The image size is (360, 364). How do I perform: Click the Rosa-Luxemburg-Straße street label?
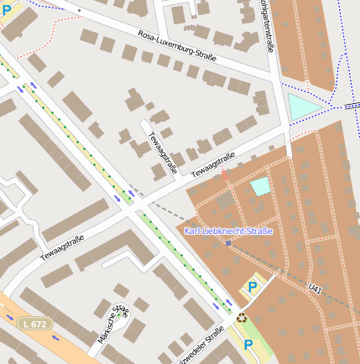coord(177,46)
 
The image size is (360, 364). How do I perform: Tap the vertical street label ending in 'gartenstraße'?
coord(269,27)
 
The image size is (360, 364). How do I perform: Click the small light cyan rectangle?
coord(261,186)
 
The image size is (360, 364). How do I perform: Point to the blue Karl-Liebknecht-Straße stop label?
coord(228,230)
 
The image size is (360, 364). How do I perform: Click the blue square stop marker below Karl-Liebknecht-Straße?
coord(228,243)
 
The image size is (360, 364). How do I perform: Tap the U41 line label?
coord(316,289)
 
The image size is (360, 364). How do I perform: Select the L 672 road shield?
coord(34,323)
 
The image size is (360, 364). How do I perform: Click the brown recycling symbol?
coord(243,318)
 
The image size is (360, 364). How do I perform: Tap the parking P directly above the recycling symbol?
coord(252,288)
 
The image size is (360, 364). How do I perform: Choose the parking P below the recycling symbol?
coord(248,344)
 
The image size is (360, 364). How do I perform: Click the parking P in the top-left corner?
coord(7,10)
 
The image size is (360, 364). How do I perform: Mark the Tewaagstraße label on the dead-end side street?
coord(163,153)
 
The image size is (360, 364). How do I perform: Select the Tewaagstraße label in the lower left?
coord(63,247)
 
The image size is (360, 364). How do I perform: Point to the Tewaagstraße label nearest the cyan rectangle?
coord(212,165)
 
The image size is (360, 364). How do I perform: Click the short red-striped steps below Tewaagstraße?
coord(225,175)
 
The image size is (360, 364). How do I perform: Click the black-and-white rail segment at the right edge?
coord(352,107)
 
